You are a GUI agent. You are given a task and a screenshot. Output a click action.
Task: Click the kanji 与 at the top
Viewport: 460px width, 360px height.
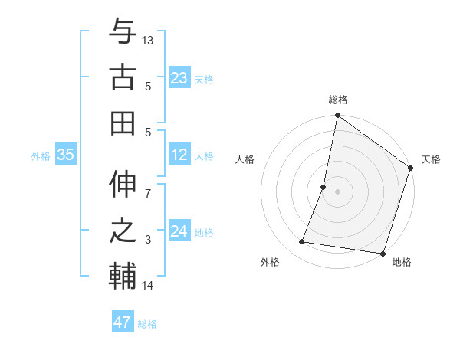click(x=123, y=32)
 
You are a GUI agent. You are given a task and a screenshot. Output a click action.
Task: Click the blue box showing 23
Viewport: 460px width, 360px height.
click(x=179, y=77)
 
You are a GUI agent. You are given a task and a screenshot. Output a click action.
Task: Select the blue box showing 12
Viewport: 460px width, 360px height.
click(x=179, y=155)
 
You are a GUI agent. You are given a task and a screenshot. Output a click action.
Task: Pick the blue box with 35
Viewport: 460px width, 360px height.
click(x=66, y=155)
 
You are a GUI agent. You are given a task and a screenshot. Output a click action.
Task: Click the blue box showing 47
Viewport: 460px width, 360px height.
click(x=122, y=322)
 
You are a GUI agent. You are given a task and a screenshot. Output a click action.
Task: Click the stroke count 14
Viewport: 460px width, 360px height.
click(x=149, y=286)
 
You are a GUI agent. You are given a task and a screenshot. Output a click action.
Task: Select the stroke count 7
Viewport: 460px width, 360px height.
click(x=149, y=185)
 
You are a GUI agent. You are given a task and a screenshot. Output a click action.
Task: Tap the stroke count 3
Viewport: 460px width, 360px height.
click(x=149, y=240)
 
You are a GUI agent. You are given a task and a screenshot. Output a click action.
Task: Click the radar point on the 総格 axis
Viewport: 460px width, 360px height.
click(x=337, y=116)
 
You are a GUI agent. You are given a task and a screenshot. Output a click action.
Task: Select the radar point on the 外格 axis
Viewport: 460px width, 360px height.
click(x=302, y=242)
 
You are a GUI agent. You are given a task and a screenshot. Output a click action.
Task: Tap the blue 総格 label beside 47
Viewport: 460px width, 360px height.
click(x=148, y=324)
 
